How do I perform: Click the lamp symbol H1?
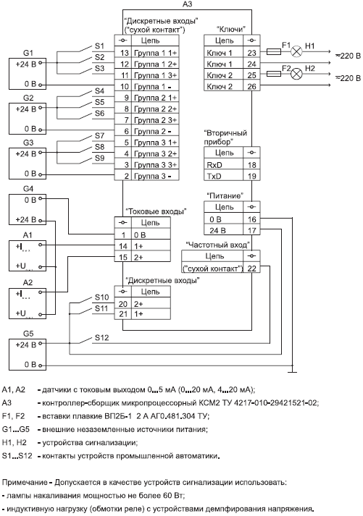tap(297, 51)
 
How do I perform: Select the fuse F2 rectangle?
tap(273, 74)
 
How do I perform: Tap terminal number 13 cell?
tap(123, 53)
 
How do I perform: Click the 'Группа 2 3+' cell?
tap(155, 120)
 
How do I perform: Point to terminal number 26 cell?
tap(251, 86)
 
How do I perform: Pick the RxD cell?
tap(224, 164)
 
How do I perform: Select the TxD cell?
tap(224, 175)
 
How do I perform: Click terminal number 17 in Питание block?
tap(251, 230)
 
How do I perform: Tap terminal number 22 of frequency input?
tap(251, 268)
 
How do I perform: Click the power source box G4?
tap(28, 209)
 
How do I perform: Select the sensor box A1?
tap(28, 255)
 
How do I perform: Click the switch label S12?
tap(101, 338)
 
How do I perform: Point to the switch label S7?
tap(99, 135)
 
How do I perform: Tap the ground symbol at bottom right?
tap(292, 370)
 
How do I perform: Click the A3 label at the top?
tap(187, 4)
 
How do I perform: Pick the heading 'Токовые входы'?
tap(156, 211)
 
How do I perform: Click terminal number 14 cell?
tap(123, 246)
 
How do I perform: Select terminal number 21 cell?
tap(123, 314)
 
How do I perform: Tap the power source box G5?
tap(28, 355)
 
